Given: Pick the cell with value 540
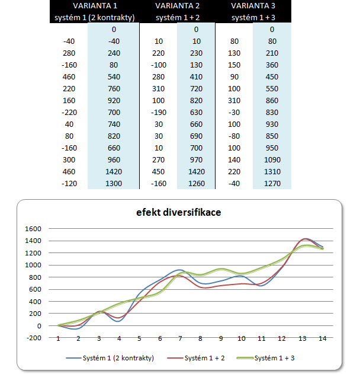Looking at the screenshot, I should coord(114,76).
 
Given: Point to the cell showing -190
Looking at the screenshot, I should coord(158,112).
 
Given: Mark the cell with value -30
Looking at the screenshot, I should coord(234,112).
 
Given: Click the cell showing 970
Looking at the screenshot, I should coord(196,159).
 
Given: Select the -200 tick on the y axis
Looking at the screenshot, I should coord(33,338).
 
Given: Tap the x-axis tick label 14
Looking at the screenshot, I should coord(322,338).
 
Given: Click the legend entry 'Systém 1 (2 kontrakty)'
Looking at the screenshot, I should coord(111,359).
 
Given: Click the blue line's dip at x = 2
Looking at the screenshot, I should coord(79,328).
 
